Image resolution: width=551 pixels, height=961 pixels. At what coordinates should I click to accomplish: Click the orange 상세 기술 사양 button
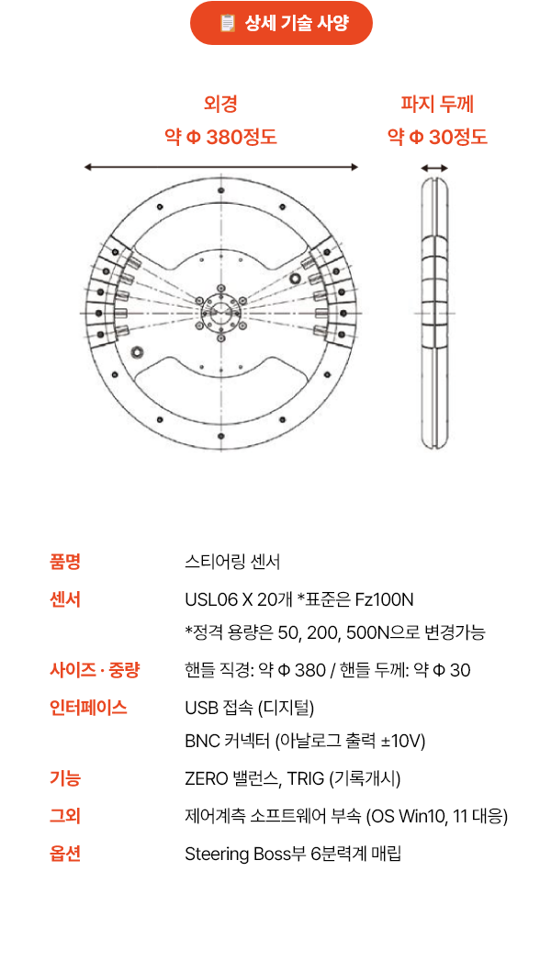click(281, 23)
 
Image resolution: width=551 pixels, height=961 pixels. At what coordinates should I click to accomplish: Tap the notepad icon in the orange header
click(228, 23)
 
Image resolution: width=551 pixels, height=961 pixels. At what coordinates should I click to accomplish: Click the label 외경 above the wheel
click(220, 104)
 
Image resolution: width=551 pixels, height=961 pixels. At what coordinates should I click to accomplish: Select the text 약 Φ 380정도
click(220, 136)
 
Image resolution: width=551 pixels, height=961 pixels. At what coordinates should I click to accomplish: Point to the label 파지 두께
click(437, 104)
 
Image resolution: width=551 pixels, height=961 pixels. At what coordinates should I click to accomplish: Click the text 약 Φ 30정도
click(437, 136)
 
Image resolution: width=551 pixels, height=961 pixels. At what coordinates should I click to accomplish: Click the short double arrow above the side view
click(434, 168)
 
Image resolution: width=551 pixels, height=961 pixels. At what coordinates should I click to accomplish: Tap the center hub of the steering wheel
click(221, 313)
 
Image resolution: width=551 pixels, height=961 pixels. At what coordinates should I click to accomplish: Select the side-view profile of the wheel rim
click(434, 313)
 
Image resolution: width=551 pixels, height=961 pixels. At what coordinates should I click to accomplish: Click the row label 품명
click(65, 562)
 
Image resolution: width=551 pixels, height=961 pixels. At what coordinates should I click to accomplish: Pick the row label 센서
click(65, 599)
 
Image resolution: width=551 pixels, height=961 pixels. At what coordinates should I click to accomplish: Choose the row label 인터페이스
click(88, 708)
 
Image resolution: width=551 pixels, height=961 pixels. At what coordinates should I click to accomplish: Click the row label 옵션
click(65, 854)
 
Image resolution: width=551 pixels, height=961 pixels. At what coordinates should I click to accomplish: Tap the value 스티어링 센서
click(232, 562)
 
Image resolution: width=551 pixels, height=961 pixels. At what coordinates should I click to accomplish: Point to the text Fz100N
click(384, 599)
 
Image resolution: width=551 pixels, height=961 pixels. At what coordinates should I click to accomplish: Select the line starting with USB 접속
click(250, 708)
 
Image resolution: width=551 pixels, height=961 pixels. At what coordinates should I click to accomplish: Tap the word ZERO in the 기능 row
click(207, 779)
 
